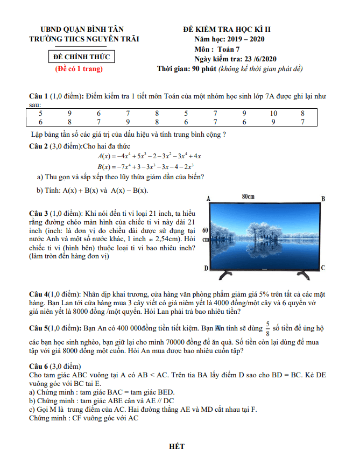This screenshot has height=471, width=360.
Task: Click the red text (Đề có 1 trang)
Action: (80, 69)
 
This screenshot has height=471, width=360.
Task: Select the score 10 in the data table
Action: (273, 114)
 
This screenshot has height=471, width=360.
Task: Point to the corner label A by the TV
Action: (208, 199)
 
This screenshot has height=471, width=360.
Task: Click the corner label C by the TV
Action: (322, 268)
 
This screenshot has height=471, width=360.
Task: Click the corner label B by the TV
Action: (323, 199)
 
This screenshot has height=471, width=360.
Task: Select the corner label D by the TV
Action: (206, 268)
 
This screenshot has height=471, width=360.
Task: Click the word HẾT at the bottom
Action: (177, 447)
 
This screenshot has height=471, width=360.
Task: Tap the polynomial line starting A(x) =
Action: (146, 156)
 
